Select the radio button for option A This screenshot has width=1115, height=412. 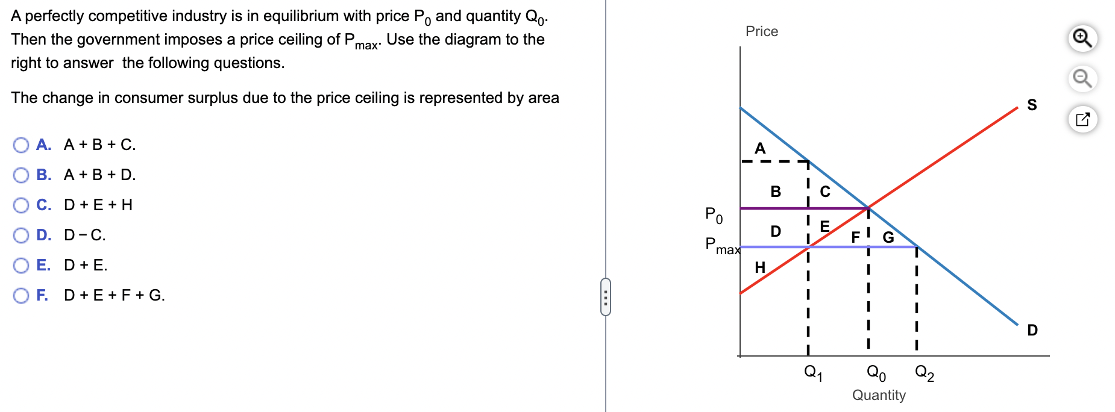click(21, 145)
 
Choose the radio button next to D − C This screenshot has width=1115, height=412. click(21, 236)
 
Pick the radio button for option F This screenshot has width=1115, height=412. click(21, 296)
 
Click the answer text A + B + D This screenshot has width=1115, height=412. click(100, 175)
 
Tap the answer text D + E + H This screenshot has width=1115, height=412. click(98, 205)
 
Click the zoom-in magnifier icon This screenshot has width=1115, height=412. click(1082, 39)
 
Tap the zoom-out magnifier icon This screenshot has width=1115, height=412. click(1082, 79)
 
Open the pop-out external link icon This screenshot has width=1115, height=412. click(1082, 119)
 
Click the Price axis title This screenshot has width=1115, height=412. click(762, 31)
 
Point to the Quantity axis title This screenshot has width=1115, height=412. click(879, 395)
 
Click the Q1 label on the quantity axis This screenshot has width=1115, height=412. click(813, 373)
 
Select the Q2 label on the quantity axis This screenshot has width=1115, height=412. click(925, 373)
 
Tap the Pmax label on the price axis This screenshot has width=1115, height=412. click(723, 246)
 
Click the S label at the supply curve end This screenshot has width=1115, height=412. click(1032, 105)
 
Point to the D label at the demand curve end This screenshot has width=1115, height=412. click(1032, 330)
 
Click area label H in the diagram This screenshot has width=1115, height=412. click(760, 267)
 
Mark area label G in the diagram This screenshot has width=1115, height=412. click(888, 237)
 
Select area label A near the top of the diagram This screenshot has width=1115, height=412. click(760, 148)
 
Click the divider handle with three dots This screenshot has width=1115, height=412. click(606, 296)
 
